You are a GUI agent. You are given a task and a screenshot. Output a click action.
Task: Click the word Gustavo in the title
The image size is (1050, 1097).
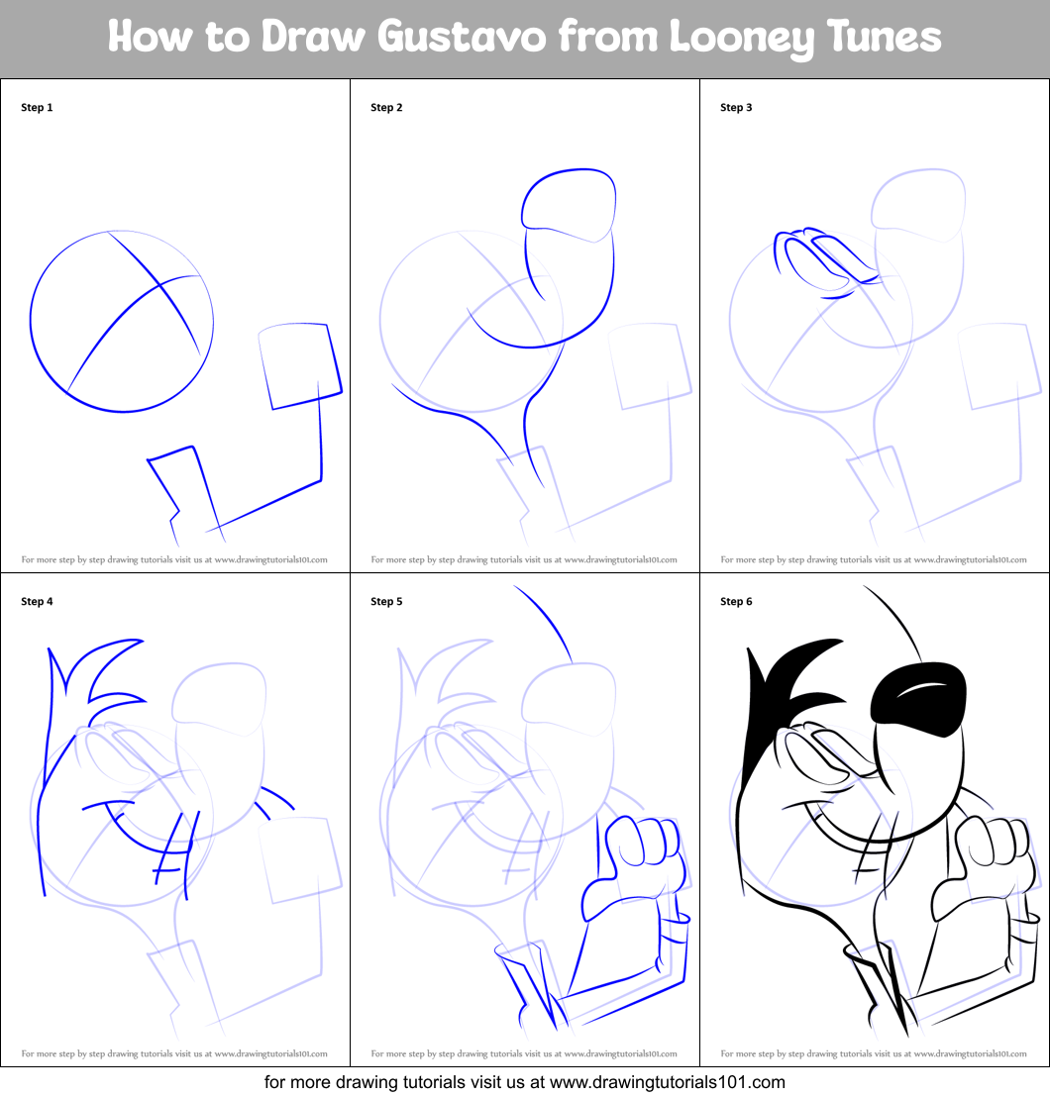(462, 37)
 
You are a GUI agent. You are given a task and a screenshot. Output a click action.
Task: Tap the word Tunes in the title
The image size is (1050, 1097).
(884, 37)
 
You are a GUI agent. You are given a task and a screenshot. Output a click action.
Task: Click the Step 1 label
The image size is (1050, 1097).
(37, 107)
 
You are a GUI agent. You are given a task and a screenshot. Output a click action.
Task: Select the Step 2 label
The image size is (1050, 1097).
(386, 107)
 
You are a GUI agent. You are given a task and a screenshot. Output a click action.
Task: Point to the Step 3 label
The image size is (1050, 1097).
(736, 107)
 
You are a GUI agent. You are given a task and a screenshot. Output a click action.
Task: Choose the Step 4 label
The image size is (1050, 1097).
(37, 601)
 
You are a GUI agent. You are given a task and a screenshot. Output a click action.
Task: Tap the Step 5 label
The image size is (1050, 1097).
(386, 601)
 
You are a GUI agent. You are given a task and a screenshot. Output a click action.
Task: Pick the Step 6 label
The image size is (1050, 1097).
(736, 601)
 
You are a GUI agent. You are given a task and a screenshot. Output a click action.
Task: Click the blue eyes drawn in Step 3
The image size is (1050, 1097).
(826, 262)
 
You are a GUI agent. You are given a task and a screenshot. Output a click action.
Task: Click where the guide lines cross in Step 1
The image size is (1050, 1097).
(160, 285)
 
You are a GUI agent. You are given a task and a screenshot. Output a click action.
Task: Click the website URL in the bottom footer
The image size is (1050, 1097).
(668, 1082)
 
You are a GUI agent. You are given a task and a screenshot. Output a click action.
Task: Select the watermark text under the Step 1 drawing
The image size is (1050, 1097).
(174, 559)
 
